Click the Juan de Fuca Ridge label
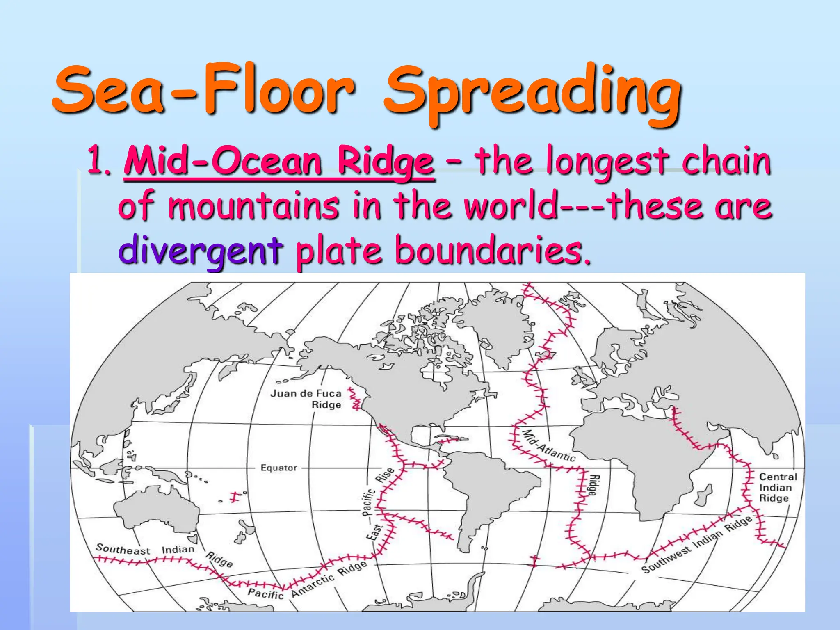[x=306, y=399]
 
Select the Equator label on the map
[x=279, y=468]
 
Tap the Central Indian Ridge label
[x=778, y=487]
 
